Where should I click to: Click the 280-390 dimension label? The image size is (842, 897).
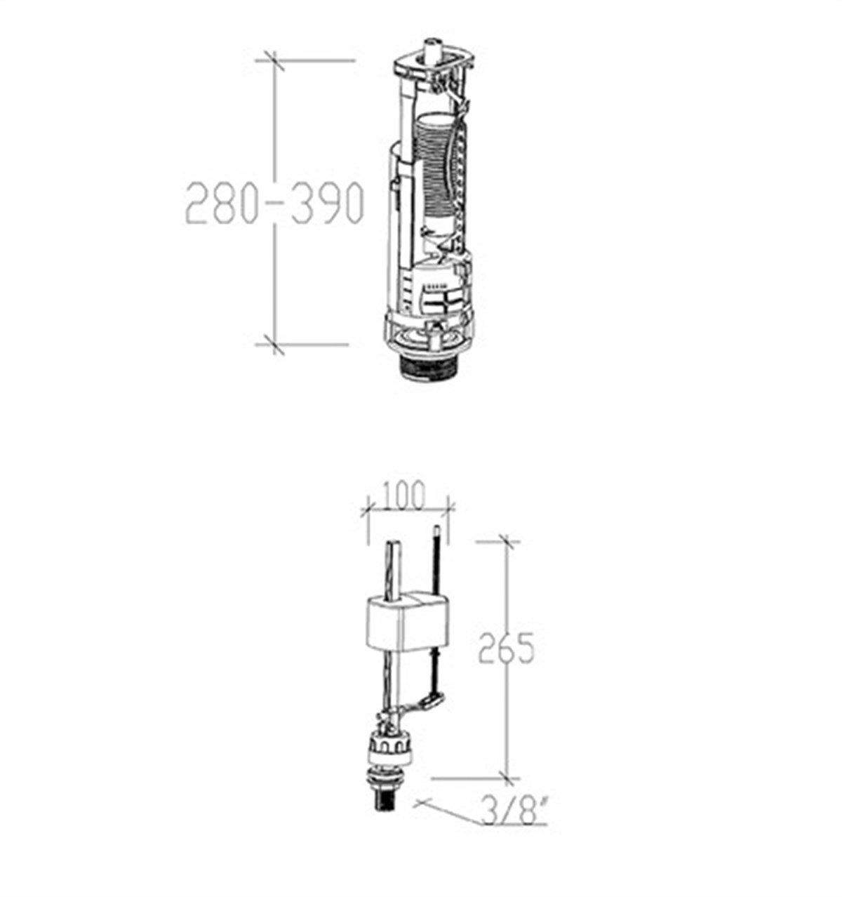tap(274, 203)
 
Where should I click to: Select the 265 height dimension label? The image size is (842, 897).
tap(506, 647)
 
